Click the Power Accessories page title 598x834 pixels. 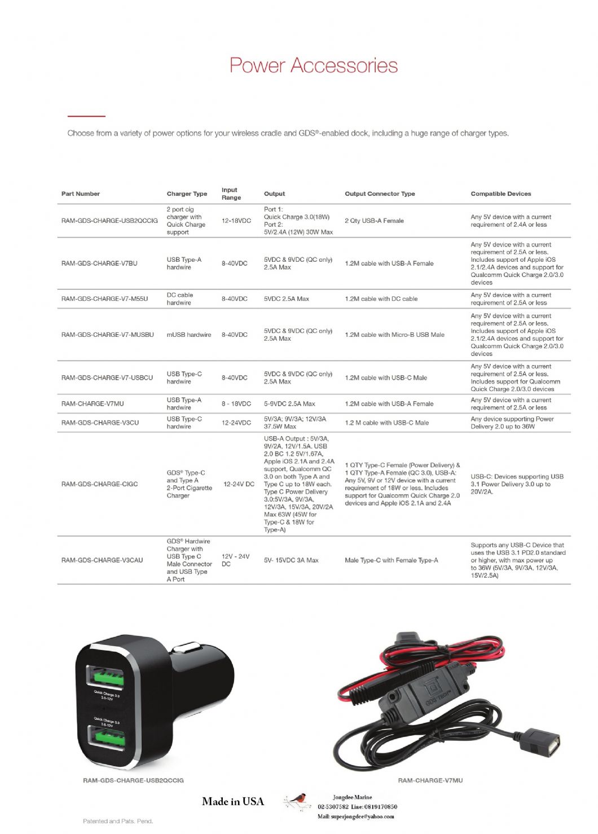(x=313, y=65)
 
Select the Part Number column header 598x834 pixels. (x=80, y=194)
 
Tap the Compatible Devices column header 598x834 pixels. (x=500, y=194)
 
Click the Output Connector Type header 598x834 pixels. (x=380, y=194)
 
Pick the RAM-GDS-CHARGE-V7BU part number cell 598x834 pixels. (x=99, y=263)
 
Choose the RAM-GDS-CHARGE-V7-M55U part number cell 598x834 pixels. (x=104, y=299)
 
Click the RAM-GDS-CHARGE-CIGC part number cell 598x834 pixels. (x=99, y=484)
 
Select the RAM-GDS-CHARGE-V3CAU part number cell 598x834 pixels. (x=102, y=560)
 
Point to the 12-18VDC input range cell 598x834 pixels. (x=236, y=221)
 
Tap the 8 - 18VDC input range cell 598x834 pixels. (x=236, y=403)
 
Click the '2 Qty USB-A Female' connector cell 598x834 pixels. (x=374, y=221)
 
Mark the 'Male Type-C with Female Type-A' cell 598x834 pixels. (x=391, y=560)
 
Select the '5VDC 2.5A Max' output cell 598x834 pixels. (x=286, y=299)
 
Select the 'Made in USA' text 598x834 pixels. (x=232, y=801)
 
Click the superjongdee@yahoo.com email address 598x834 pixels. (x=355, y=816)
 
